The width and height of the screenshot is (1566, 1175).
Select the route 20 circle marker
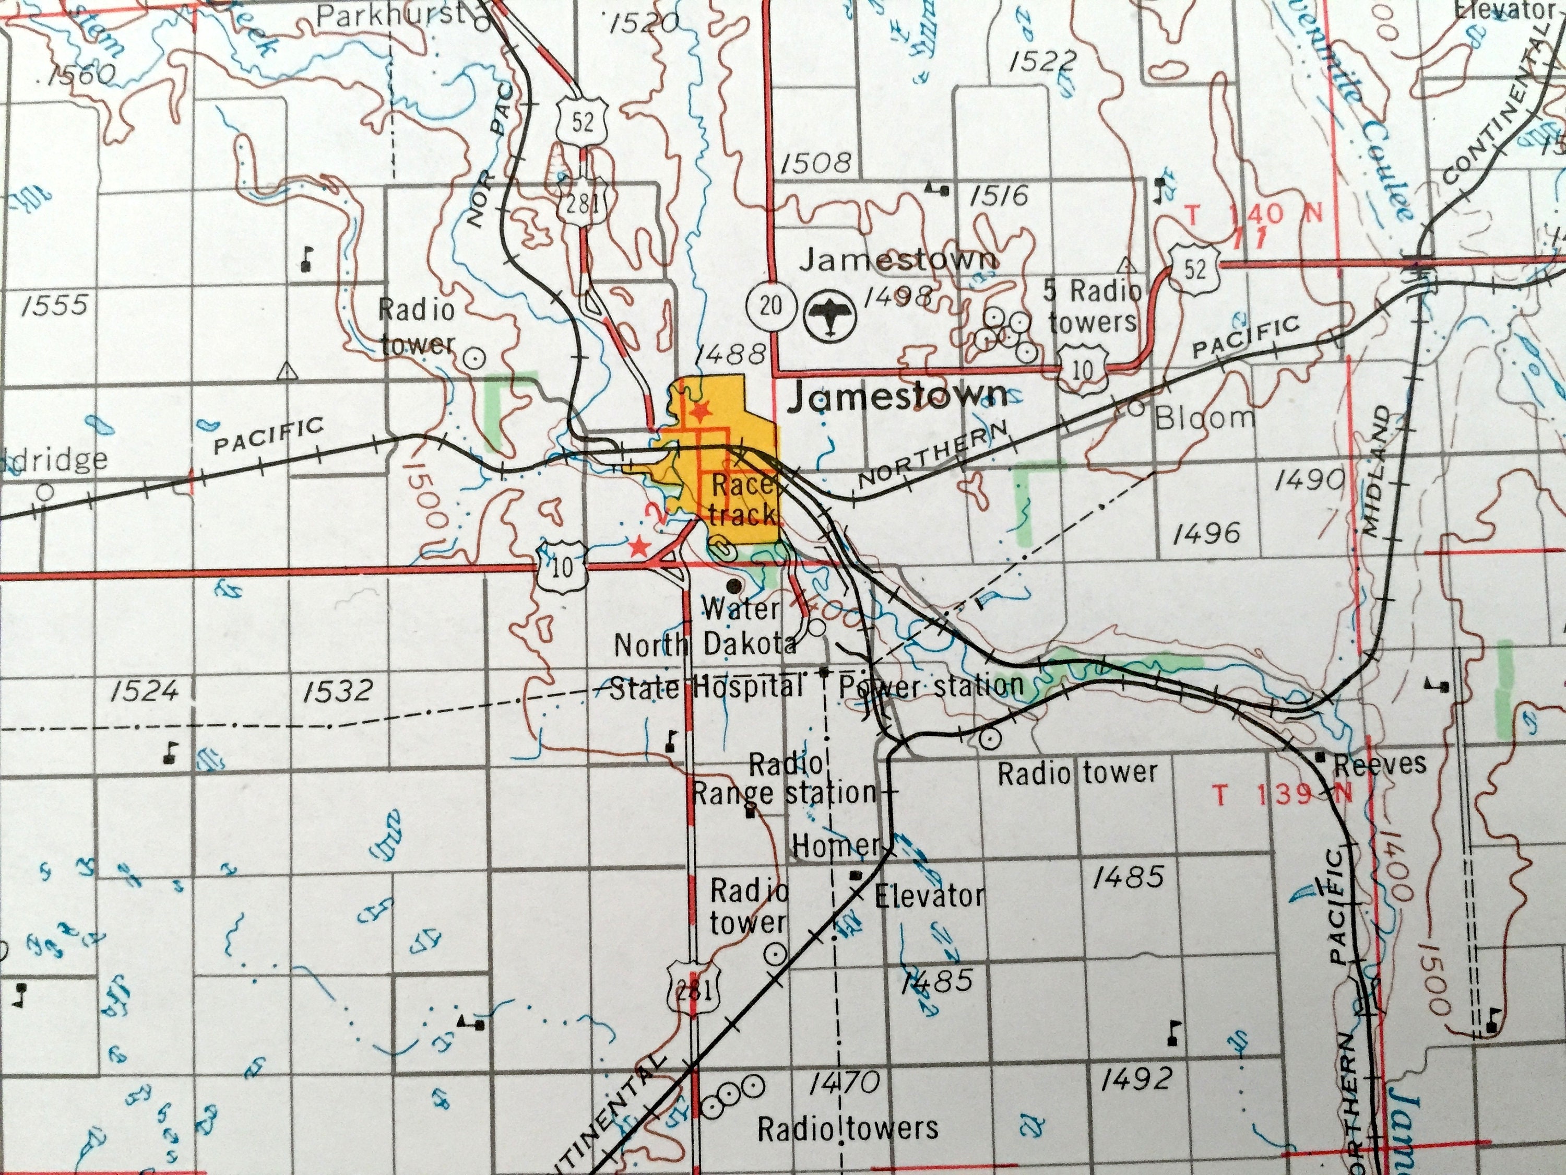pos(773,305)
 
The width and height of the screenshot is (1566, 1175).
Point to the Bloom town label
pos(1204,418)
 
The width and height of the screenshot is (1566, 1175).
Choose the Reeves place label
pos(1380,763)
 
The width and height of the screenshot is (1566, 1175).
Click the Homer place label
pos(835,844)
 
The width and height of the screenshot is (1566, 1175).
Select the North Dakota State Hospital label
pos(706,666)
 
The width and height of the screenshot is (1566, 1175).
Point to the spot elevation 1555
pos(55,305)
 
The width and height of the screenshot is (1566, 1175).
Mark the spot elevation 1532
pos(338,690)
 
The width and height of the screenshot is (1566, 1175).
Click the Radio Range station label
pos(785,779)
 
